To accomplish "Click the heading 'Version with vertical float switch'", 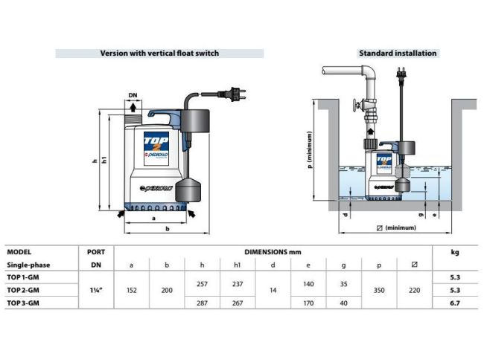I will point(160,54).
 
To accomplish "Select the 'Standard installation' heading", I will point(398,54).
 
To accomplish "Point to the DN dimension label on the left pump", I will point(133,96).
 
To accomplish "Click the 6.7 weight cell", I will point(455,303).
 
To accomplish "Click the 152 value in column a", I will point(132,289).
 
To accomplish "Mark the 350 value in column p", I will point(379,289).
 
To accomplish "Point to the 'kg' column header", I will point(455,252).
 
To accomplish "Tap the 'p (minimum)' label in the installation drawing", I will point(308,160).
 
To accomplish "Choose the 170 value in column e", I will point(308,303).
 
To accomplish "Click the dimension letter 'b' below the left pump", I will point(167,229).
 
